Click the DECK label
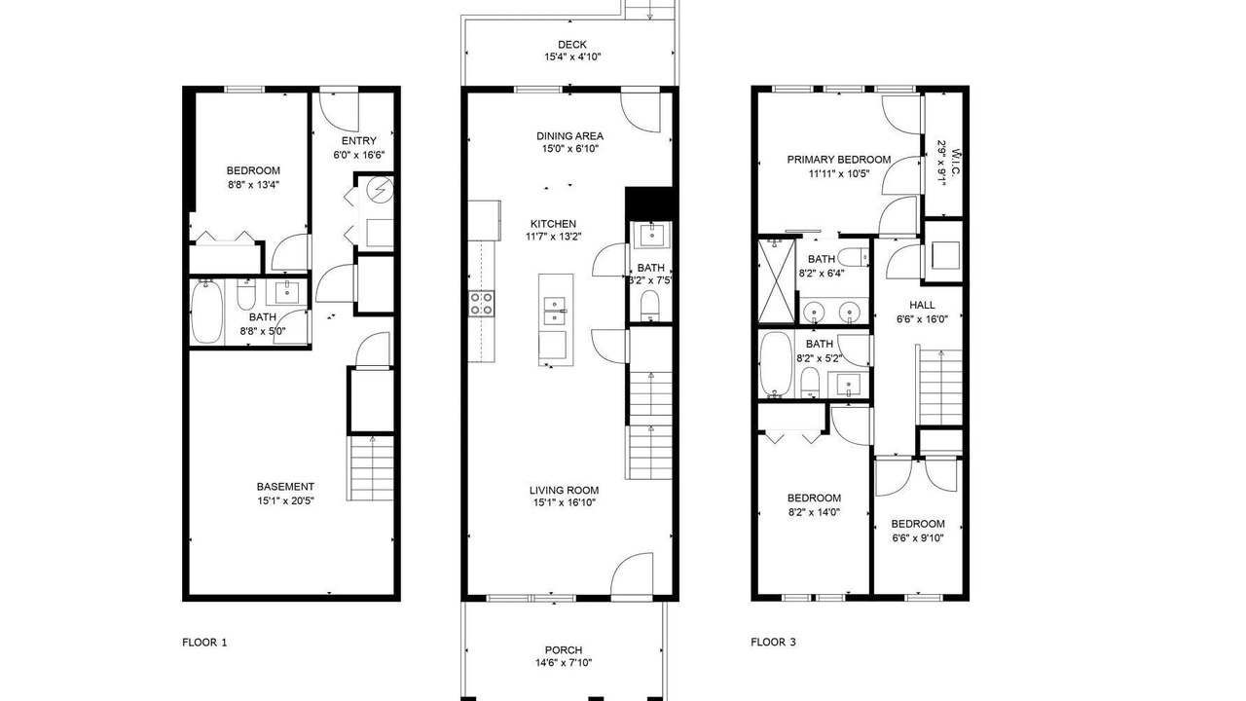[x=571, y=45]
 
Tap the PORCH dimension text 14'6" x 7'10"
[x=564, y=663]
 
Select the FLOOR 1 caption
[x=204, y=643]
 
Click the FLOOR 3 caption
[x=773, y=642]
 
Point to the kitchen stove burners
[x=481, y=304]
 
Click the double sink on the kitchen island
[x=555, y=311]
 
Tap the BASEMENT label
[x=285, y=486]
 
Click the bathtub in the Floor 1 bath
[x=206, y=313]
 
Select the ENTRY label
[x=359, y=141]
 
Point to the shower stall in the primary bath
[x=777, y=281]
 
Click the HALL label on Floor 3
[x=922, y=305]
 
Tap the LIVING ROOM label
[x=564, y=490]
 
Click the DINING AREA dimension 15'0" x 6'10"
[x=570, y=149]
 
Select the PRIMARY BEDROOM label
[x=839, y=160]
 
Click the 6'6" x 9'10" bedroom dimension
[x=918, y=538]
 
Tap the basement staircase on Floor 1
[x=372, y=468]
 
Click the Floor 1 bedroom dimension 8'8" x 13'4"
[x=253, y=185]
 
